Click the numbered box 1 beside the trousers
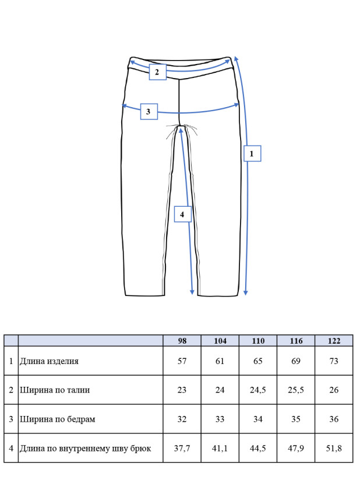252,153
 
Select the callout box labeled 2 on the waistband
158,72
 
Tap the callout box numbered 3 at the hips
149,111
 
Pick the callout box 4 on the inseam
183,214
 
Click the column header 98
182,341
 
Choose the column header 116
296,341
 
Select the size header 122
334,341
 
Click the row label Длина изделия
50,361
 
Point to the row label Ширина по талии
55,390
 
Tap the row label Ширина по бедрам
58,419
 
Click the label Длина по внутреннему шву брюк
86,449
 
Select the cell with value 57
182,361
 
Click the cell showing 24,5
258,390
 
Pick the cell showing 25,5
296,390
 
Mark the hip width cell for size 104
220,419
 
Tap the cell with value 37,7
182,449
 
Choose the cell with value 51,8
334,449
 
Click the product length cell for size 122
334,361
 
